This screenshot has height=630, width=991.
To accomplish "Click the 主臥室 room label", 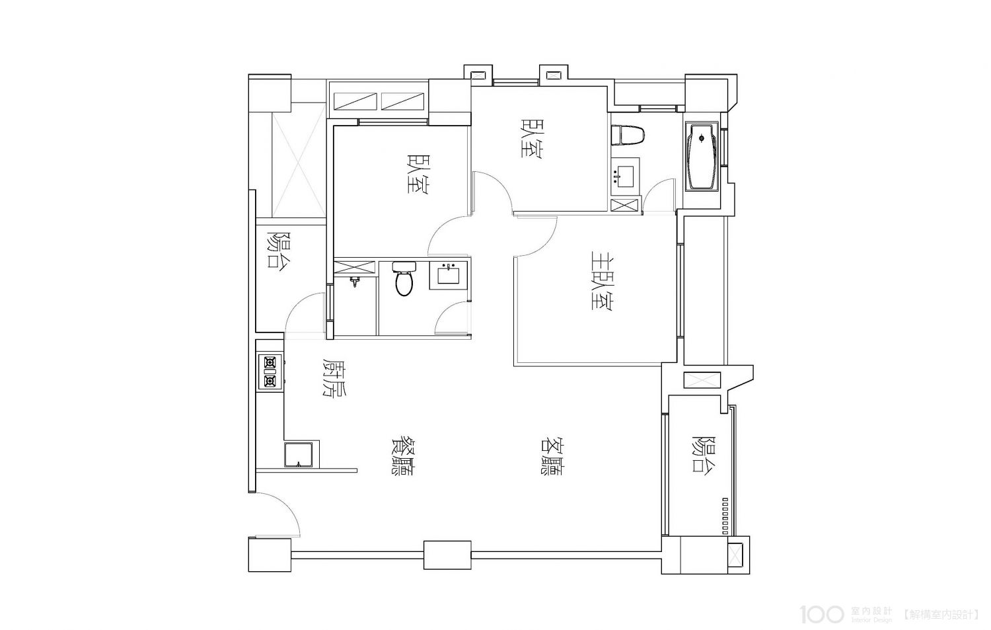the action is (602, 282).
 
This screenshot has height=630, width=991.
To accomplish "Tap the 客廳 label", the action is (551, 457).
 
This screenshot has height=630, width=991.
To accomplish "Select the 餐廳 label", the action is (402, 457).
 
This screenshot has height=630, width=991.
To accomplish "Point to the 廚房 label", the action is (335, 378).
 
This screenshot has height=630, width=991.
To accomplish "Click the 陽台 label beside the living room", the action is (704, 456).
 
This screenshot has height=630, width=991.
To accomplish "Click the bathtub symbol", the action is (702, 157).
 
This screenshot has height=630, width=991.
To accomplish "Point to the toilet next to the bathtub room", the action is (628, 135).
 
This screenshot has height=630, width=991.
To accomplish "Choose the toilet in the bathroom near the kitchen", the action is (404, 278).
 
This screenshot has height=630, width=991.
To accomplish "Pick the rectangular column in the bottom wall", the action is (447, 555).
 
